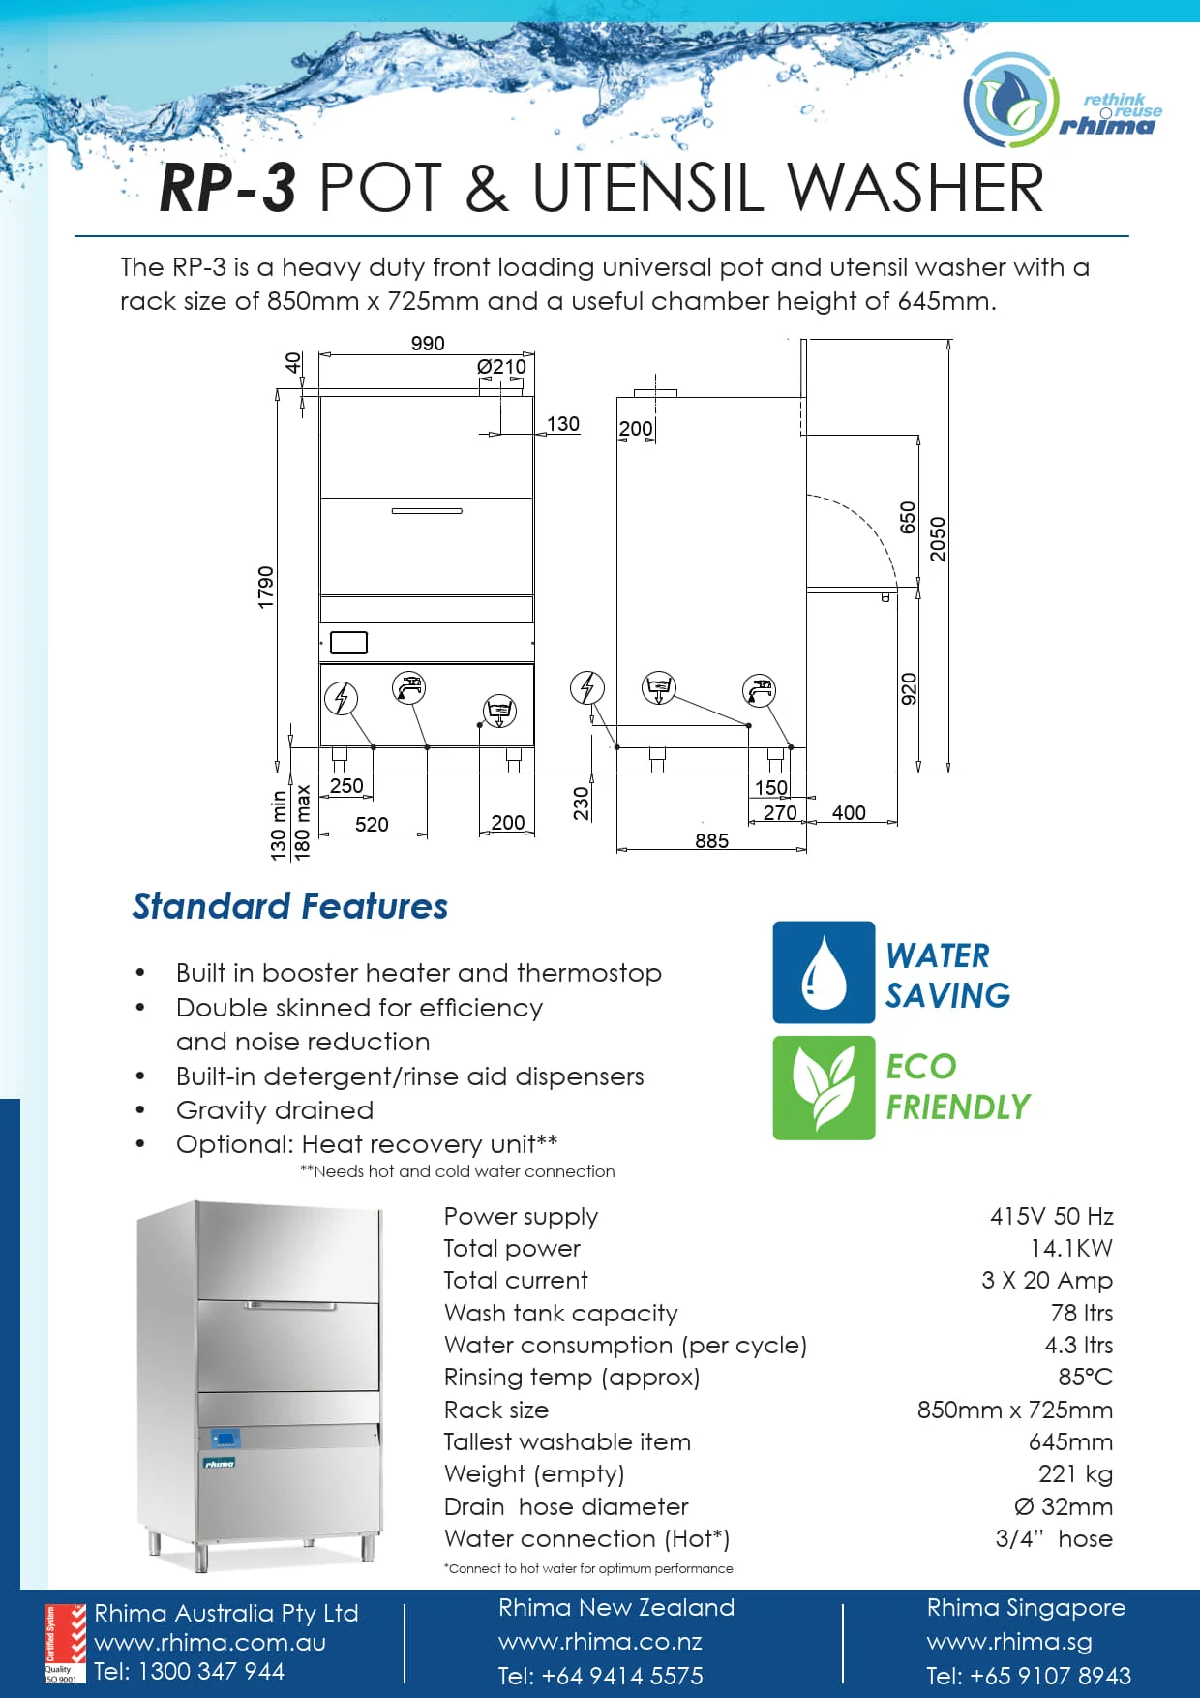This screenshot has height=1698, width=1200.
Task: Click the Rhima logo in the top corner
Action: pyautogui.click(x=1062, y=101)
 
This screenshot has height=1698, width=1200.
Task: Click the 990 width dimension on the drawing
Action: pyautogui.click(x=427, y=344)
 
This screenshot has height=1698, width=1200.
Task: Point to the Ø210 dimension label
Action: pyautogui.click(x=501, y=367)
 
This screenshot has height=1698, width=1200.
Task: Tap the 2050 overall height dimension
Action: pyautogui.click(x=938, y=539)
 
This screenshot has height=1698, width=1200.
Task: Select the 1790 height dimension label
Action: pyautogui.click(x=266, y=587)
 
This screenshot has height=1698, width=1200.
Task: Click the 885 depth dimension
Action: pyautogui.click(x=711, y=840)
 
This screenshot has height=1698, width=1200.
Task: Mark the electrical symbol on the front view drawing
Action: pyautogui.click(x=341, y=697)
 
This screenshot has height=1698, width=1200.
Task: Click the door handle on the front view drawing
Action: pyautogui.click(x=427, y=511)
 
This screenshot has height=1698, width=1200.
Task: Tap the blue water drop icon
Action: pyautogui.click(x=824, y=972)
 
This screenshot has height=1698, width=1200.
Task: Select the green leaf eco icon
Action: pyautogui.click(x=824, y=1087)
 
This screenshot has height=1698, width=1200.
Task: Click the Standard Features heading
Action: pyautogui.click(x=290, y=906)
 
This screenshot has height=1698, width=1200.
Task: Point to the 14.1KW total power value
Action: pyautogui.click(x=1071, y=1249)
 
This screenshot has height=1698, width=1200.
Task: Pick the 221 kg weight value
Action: pyautogui.click(x=1075, y=1474)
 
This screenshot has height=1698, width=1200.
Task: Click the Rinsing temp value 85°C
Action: pyautogui.click(x=1085, y=1378)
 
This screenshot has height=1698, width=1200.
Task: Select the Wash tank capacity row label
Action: pyautogui.click(x=560, y=1314)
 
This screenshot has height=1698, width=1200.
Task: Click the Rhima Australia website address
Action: pyautogui.click(x=210, y=1643)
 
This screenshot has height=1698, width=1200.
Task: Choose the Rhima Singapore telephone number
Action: pyautogui.click(x=1028, y=1676)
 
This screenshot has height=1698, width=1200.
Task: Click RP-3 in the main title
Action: pyautogui.click(x=227, y=187)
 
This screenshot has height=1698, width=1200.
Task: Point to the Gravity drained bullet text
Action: pyautogui.click(x=275, y=1110)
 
